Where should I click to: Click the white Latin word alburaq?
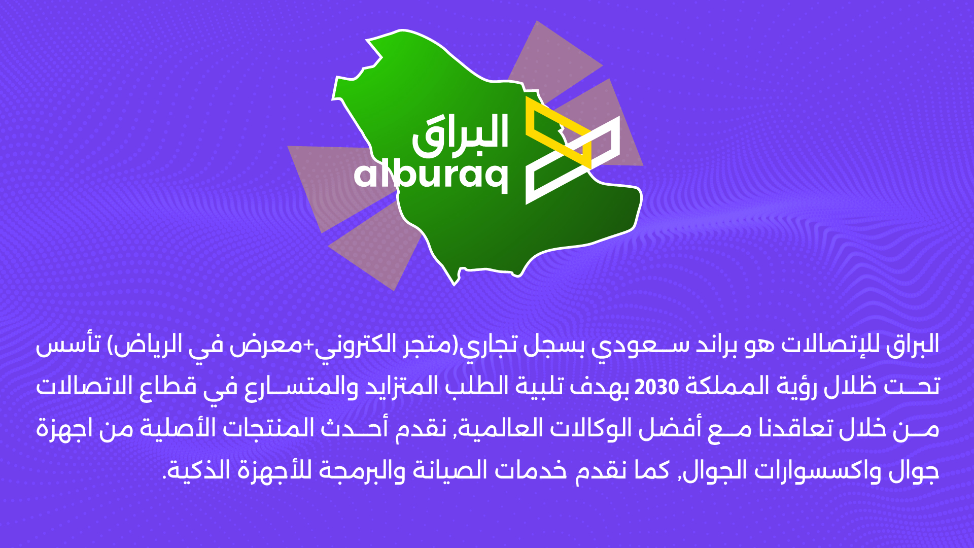(x=431, y=175)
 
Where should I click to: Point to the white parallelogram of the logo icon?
(x=573, y=160)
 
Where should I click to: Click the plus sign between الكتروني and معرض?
(x=309, y=345)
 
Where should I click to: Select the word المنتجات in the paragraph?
(x=268, y=429)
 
